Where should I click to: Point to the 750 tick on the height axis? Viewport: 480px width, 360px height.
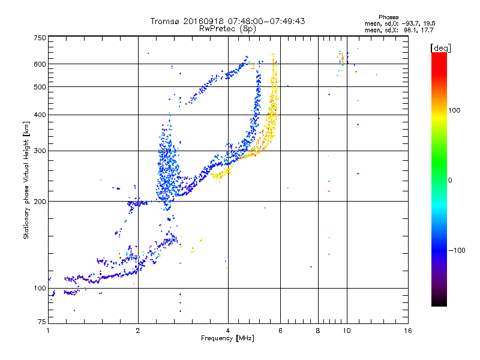[39, 38]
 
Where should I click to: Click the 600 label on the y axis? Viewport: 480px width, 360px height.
[39, 64]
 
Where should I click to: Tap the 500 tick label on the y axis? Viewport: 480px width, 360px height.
[39, 87]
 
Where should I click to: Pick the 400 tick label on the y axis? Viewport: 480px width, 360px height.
[39, 115]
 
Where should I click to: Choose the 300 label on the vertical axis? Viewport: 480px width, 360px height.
[39, 151]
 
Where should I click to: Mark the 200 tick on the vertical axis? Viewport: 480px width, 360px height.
[39, 202]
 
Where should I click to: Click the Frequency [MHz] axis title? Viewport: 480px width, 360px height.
[227, 339]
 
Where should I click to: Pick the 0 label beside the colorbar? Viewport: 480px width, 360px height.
[451, 180]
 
